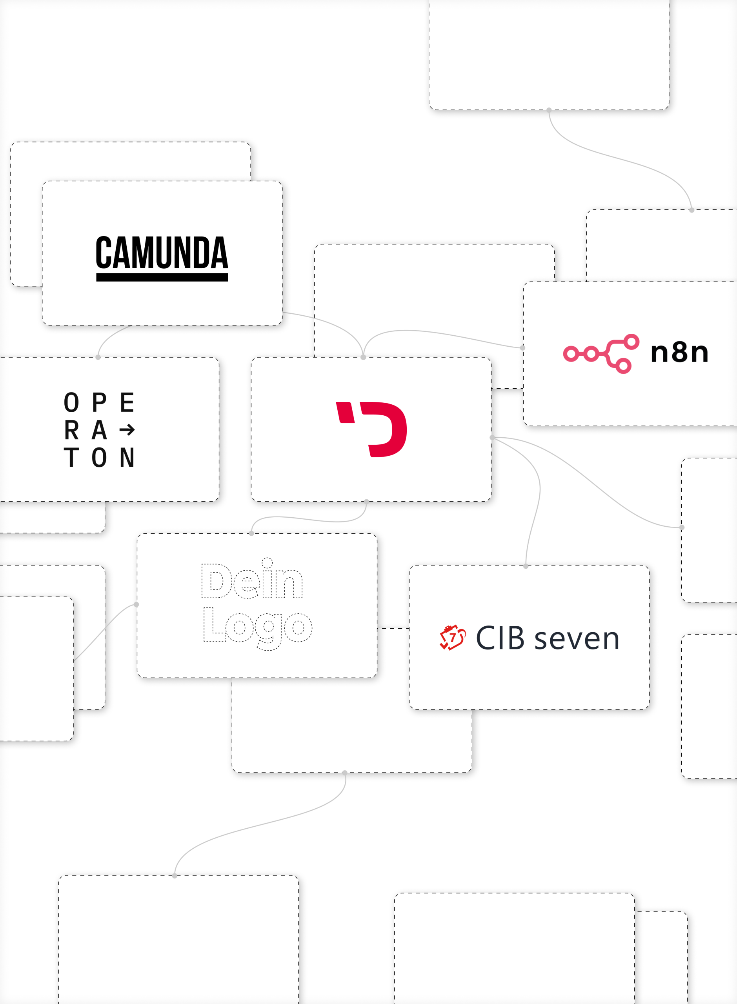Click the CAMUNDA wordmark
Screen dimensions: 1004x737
[x=162, y=253]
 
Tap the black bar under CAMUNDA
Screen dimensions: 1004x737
[x=162, y=277]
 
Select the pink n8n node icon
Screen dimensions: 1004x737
[x=601, y=353]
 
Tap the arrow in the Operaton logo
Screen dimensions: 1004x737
[x=127, y=430]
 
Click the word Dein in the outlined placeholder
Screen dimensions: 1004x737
[x=252, y=579]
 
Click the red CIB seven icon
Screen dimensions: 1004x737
[x=452, y=637]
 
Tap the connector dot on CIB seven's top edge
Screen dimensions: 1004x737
[x=526, y=566]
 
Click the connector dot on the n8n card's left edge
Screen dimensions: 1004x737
[x=523, y=347]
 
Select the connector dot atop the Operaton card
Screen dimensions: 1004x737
[x=98, y=357]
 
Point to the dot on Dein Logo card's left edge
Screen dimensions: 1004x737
[x=136, y=604]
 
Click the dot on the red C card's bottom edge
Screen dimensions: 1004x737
[x=366, y=502]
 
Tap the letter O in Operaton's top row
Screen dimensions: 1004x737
[x=71, y=402]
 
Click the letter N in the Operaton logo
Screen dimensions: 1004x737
[x=127, y=457]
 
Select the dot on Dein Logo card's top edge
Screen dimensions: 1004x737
[x=251, y=533]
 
